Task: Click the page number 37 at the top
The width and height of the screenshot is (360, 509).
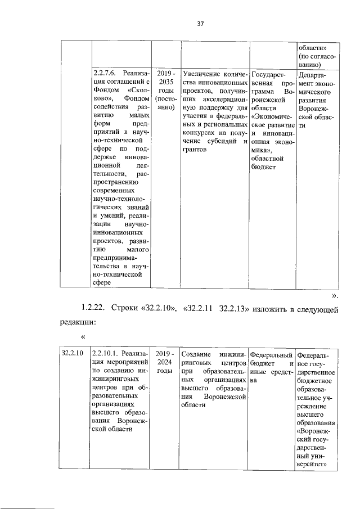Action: click(x=200, y=24)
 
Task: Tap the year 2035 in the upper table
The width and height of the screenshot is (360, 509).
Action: click(x=166, y=82)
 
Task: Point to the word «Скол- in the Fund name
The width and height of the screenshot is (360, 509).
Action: click(x=136, y=90)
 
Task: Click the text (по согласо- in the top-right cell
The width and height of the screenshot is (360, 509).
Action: click(x=317, y=56)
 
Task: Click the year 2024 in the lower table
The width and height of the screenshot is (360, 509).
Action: click(x=166, y=362)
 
